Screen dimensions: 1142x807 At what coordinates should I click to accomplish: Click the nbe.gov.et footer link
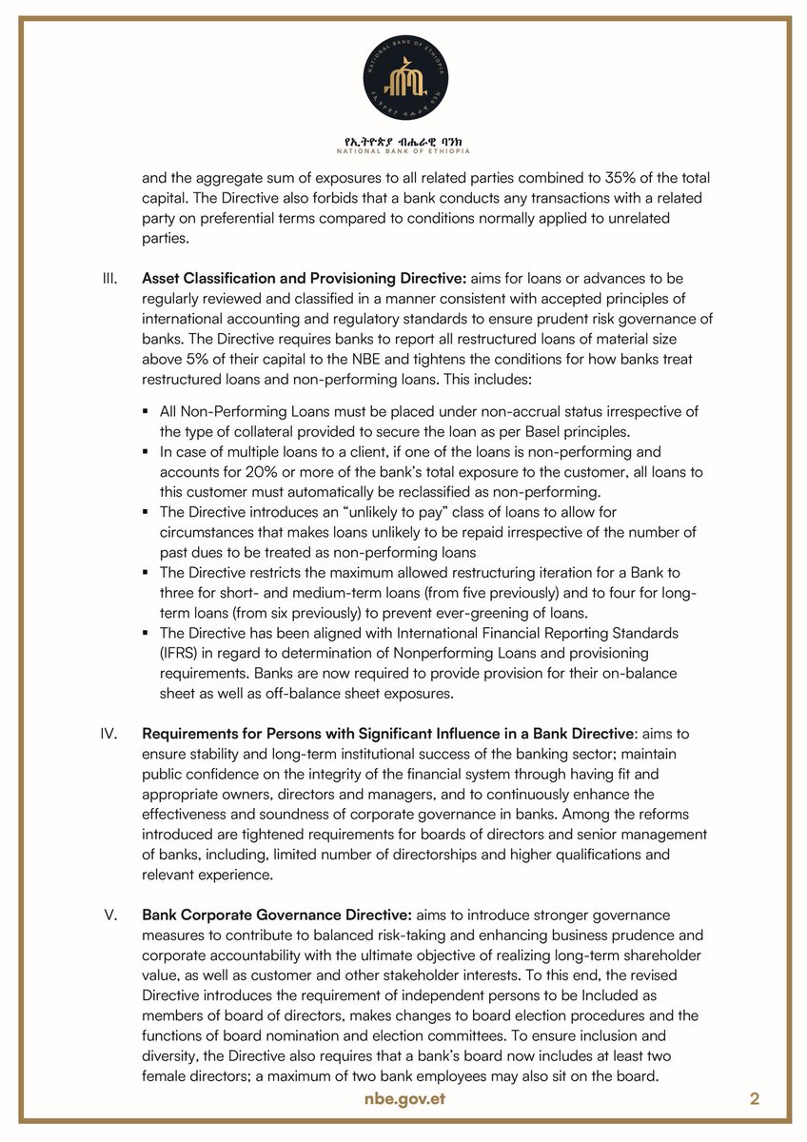click(x=403, y=1099)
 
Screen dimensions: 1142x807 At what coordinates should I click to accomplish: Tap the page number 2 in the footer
click(x=755, y=1099)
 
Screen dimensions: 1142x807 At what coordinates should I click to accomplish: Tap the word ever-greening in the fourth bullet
click(x=522, y=613)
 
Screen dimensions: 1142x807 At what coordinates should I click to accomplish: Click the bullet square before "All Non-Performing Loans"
click(x=148, y=411)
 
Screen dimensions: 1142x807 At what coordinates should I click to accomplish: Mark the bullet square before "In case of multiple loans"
click(x=148, y=451)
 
